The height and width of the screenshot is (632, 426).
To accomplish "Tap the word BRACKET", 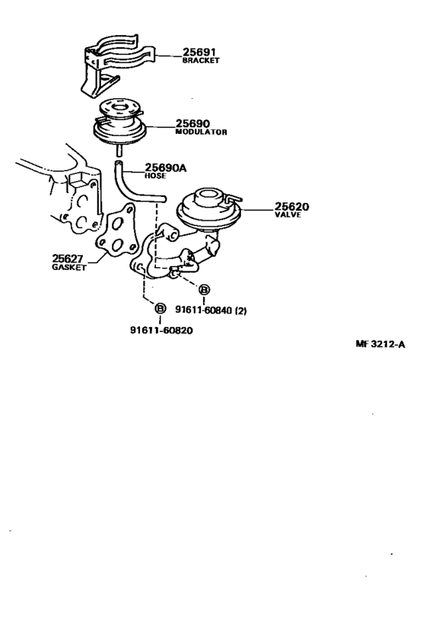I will [200, 61].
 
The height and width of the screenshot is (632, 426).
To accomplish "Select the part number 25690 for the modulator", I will [192, 123].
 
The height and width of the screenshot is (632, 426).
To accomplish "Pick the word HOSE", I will [155, 176].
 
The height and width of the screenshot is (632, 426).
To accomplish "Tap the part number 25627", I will [68, 259].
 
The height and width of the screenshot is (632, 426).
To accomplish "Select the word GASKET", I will [69, 268].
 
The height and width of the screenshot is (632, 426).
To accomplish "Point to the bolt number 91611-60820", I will [162, 330].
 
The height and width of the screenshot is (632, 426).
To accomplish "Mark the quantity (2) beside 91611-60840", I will [241, 309].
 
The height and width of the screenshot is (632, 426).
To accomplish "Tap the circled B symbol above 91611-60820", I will [161, 309].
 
